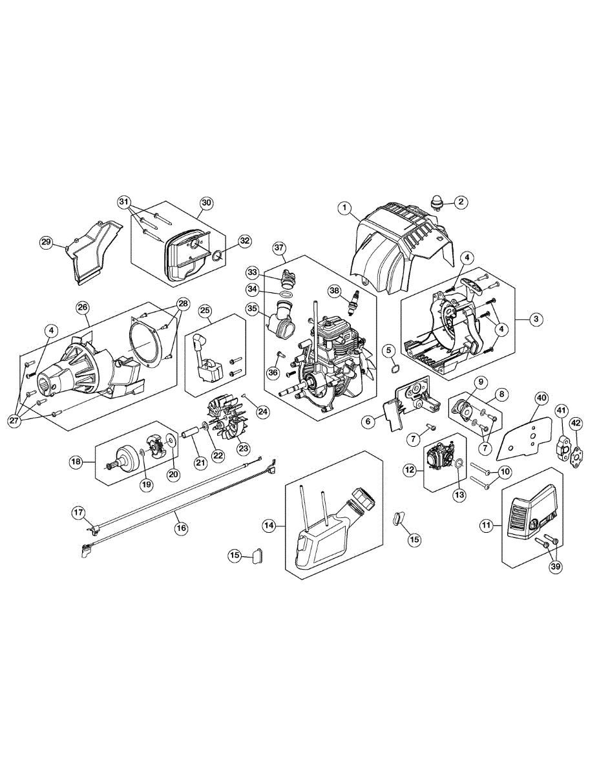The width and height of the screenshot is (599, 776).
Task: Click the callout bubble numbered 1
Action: point(345,208)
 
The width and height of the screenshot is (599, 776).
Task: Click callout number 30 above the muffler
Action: point(205,202)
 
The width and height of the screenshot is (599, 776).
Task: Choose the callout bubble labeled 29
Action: point(46,242)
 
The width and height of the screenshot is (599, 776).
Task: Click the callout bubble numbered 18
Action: point(76,462)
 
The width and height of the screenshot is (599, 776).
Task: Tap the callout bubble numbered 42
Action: point(576,424)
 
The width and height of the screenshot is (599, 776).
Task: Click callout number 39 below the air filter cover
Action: point(556,566)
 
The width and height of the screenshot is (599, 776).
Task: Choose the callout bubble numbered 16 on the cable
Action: point(182,528)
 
